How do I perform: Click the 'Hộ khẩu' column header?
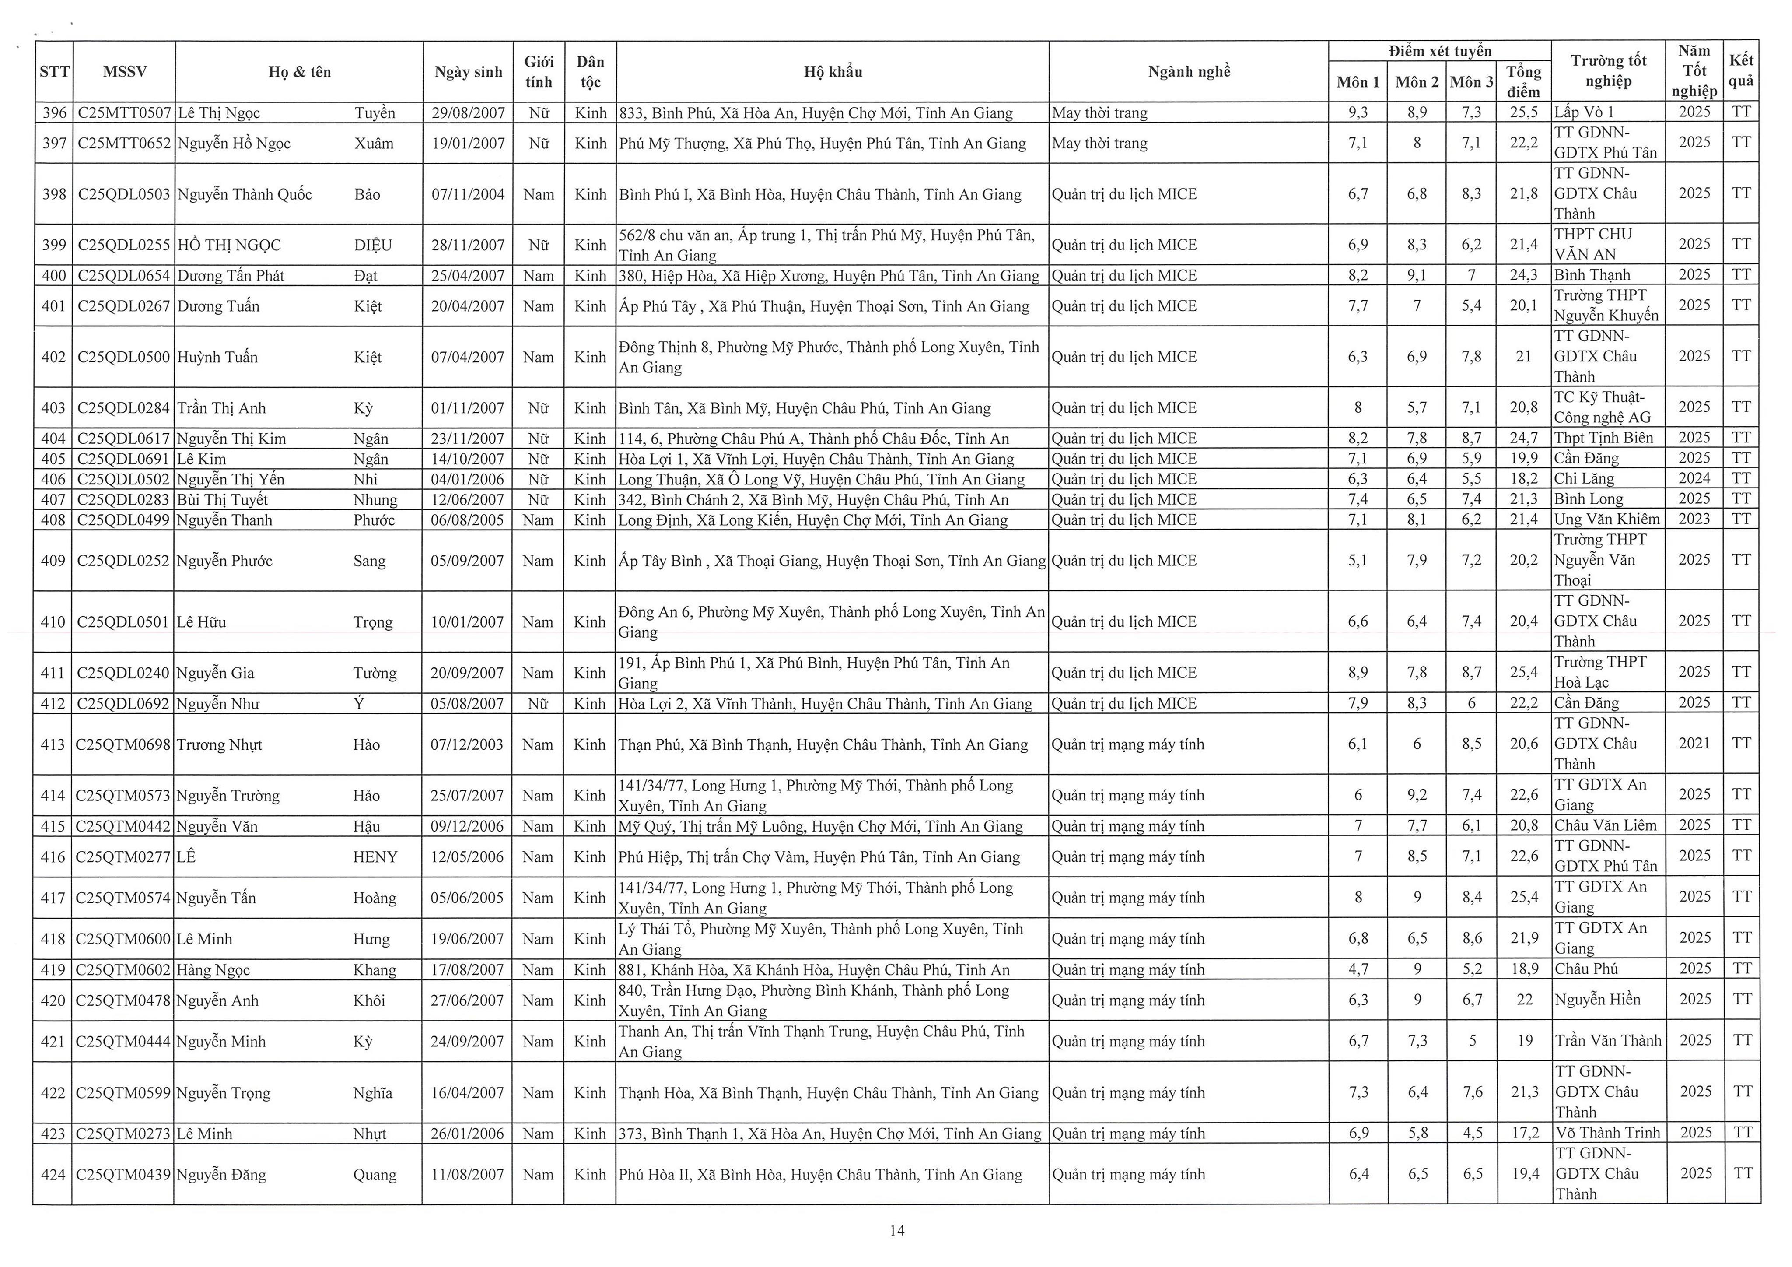833,72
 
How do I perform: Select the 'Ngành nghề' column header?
1189,72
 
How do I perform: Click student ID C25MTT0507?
124,112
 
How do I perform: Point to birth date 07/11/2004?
468,194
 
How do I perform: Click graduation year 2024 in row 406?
1694,478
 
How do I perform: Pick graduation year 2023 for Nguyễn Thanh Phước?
1694,519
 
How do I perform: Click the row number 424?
53,1174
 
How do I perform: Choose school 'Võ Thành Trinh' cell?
1608,1133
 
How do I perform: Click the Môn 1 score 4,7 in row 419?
1358,969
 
